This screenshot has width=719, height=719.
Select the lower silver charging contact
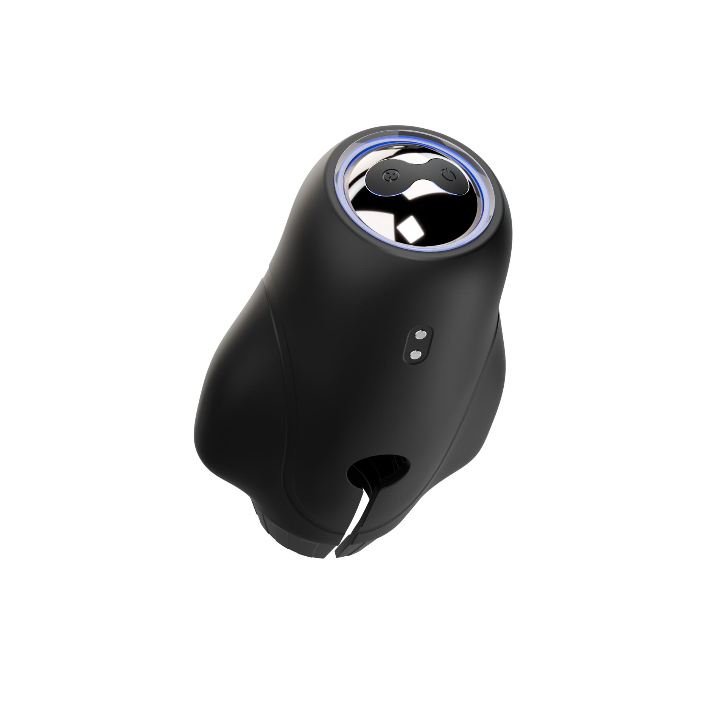tap(415, 355)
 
